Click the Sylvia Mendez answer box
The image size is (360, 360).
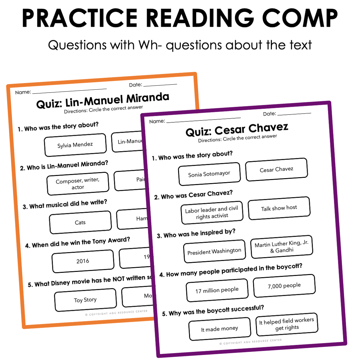(x=75, y=145)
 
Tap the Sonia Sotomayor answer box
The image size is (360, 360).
(x=209, y=174)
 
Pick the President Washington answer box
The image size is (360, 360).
(x=214, y=251)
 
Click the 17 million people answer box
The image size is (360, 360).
(x=217, y=290)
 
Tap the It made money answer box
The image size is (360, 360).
(x=220, y=329)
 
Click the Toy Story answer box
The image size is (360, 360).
(x=85, y=300)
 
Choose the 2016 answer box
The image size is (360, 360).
(x=83, y=261)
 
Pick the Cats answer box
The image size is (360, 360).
(x=80, y=222)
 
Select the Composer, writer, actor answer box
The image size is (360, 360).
(x=78, y=184)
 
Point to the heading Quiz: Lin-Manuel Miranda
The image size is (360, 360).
(x=103, y=101)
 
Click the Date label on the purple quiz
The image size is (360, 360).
(x=270, y=114)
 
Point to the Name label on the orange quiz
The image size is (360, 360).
(x=23, y=92)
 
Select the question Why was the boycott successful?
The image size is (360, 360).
(x=213, y=311)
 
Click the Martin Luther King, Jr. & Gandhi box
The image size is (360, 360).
(x=282, y=247)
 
